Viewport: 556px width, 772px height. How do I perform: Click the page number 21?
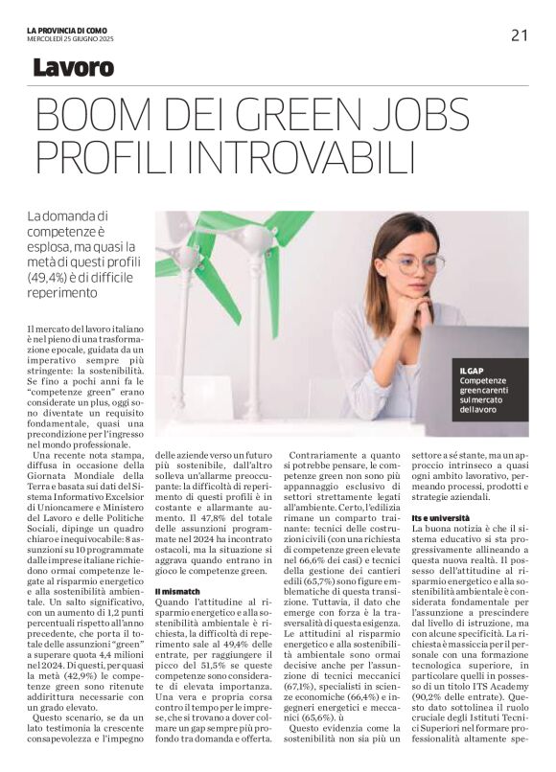click(x=519, y=35)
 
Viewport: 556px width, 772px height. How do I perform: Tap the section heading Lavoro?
click(x=73, y=68)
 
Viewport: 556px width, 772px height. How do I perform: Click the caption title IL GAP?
click(x=474, y=370)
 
